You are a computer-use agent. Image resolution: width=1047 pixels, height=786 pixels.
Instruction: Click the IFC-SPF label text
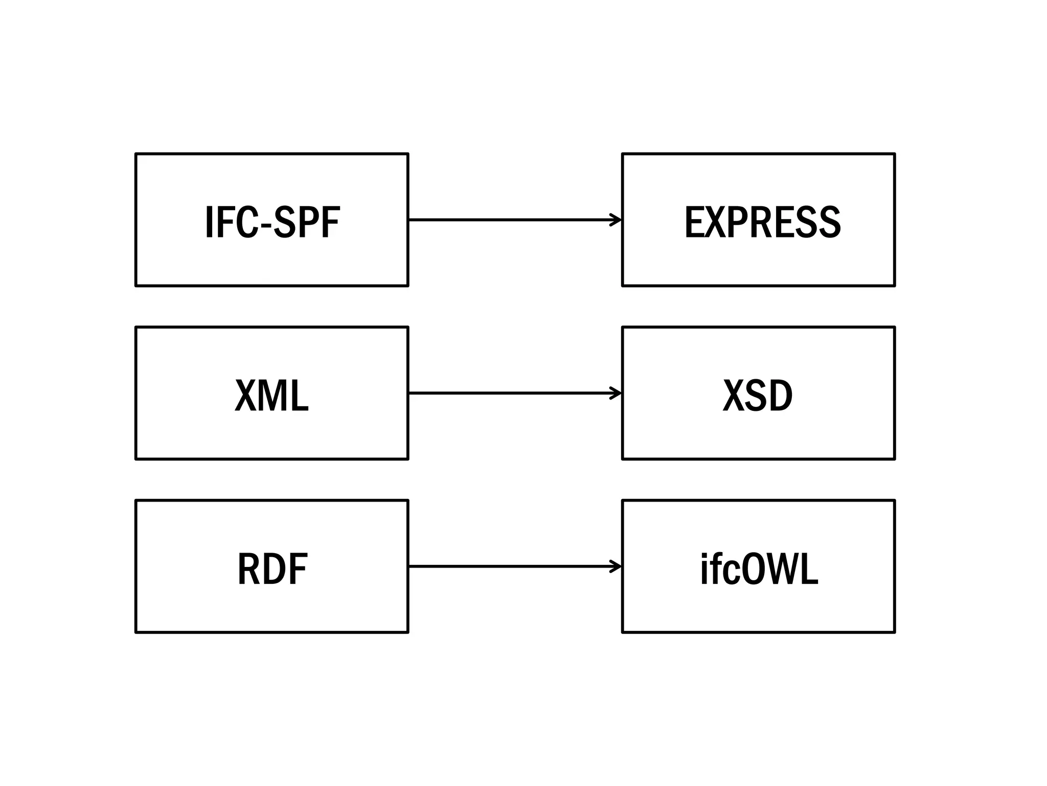point(272,222)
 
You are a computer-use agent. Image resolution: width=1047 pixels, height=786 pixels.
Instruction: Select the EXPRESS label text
point(762,222)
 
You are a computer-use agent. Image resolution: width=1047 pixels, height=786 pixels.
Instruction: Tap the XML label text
point(272,396)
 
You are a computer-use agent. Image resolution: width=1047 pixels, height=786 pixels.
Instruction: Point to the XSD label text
point(758,396)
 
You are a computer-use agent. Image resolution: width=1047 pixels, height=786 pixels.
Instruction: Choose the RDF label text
point(272,569)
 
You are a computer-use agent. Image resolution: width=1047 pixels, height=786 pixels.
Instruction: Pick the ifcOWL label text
point(759,569)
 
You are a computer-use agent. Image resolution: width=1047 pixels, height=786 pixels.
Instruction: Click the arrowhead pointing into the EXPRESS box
point(616,220)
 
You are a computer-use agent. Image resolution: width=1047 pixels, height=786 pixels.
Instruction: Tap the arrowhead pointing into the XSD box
point(616,393)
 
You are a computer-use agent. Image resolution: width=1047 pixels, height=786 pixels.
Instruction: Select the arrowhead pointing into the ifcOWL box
point(616,566)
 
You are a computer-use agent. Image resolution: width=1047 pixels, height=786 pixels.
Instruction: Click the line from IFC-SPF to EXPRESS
point(511,220)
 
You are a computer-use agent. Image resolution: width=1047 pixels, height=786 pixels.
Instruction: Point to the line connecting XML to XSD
point(511,393)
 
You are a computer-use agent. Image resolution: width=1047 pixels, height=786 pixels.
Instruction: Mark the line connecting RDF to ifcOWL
point(511,566)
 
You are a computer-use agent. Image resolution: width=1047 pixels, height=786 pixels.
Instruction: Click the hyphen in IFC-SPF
point(266,225)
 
